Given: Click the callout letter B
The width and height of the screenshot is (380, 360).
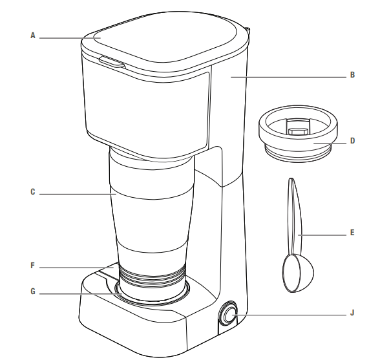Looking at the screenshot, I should click(x=352, y=76).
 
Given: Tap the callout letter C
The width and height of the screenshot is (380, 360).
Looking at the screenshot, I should click(x=33, y=193).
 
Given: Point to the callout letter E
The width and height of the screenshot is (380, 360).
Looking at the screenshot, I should click(x=352, y=231).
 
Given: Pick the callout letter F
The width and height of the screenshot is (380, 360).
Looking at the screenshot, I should click(x=33, y=265).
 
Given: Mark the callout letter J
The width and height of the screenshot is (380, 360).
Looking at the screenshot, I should click(x=352, y=315).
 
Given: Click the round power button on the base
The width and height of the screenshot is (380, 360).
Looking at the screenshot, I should click(x=229, y=315).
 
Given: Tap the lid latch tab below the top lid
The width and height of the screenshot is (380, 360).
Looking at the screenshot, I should click(x=111, y=63).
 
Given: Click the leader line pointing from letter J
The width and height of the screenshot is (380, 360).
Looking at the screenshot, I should click(x=291, y=315).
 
